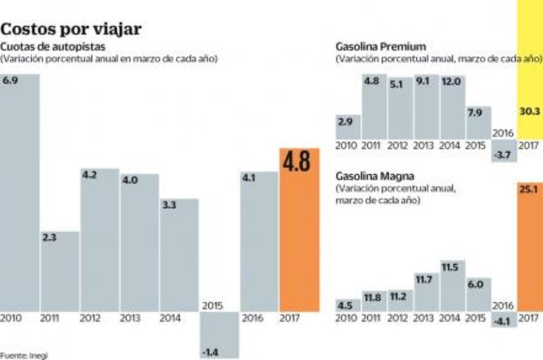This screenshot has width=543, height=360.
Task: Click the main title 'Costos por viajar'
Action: (71, 30)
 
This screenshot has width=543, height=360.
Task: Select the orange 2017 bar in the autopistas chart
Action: (299, 244)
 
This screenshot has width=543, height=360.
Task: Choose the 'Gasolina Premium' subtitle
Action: (381, 46)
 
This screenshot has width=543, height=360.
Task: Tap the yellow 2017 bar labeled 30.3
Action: (530, 70)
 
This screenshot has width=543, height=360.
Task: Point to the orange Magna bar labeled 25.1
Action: (530, 250)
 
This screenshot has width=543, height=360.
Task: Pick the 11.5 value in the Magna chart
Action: (450, 268)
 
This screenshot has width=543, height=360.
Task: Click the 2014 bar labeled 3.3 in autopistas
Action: (179, 255)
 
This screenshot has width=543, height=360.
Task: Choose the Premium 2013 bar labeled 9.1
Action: (426, 107)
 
